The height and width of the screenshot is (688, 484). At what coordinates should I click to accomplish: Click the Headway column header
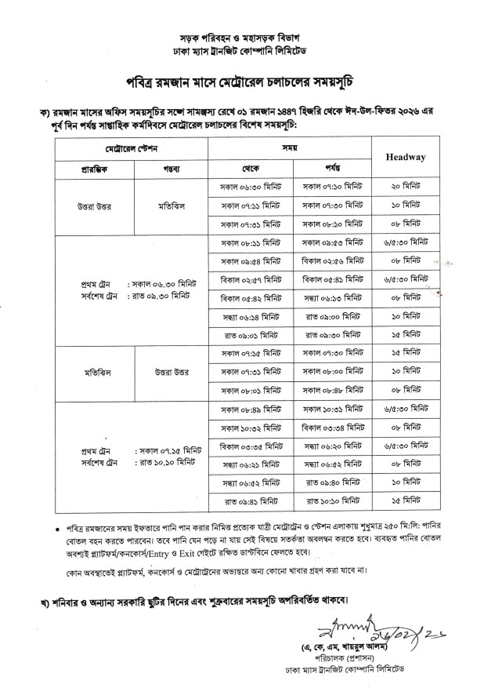tap(405, 157)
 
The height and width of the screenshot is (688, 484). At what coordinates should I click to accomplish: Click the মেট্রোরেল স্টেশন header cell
tap(132, 147)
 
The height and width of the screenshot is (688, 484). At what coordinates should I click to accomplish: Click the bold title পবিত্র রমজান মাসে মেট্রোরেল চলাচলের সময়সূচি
tap(241, 82)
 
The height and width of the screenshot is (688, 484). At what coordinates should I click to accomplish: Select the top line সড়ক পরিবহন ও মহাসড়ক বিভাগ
tap(241, 38)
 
